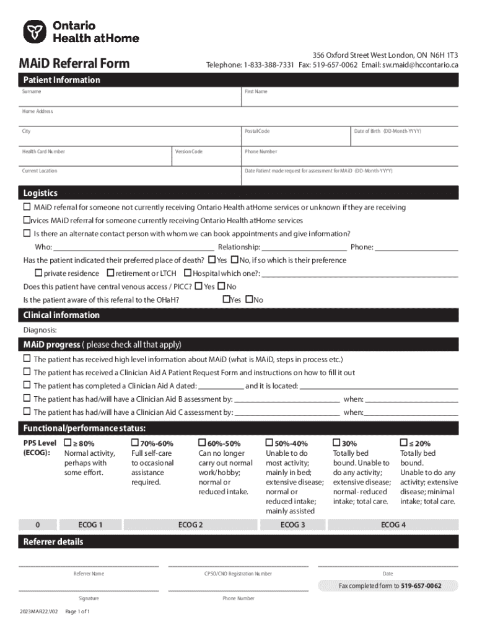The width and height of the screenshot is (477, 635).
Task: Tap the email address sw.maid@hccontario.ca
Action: click(420, 64)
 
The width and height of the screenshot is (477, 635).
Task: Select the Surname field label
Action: click(32, 91)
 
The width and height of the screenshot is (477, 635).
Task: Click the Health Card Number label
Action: click(43, 151)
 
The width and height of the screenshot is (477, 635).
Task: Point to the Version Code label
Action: click(188, 151)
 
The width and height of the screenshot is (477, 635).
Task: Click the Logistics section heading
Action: click(40, 193)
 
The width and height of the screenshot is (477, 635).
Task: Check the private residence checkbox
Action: click(38, 273)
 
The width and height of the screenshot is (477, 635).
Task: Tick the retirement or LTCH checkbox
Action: click(110, 273)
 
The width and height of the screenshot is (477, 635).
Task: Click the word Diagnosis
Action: click(40, 330)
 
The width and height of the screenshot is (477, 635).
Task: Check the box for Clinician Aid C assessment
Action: click(27, 412)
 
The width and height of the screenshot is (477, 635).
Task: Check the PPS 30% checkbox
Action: click(337, 443)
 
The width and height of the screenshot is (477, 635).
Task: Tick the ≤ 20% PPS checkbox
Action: click(404, 443)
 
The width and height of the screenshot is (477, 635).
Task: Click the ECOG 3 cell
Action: click(292, 525)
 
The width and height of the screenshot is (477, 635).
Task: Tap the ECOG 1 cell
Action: click(90, 525)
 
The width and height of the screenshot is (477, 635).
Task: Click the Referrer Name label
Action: click(89, 574)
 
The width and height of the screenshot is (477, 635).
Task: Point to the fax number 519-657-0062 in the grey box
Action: click(421, 586)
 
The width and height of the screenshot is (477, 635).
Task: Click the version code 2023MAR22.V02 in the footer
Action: click(38, 611)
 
